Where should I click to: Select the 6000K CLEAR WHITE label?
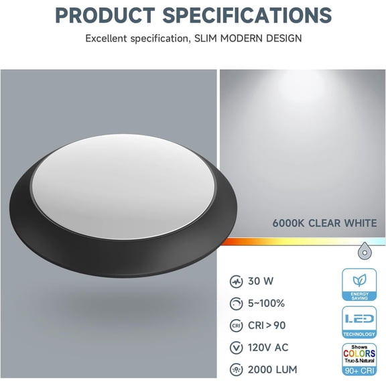[x=325, y=223]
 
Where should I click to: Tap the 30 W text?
[x=261, y=281]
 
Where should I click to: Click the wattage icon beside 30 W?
[x=237, y=281]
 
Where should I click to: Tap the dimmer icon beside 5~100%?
[x=237, y=304]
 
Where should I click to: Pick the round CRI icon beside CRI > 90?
[x=237, y=326]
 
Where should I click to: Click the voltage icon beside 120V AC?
[x=237, y=347]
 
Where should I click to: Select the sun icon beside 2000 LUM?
[x=237, y=369]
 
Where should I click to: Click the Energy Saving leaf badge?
[x=359, y=285]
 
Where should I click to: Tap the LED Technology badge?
[x=359, y=322]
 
